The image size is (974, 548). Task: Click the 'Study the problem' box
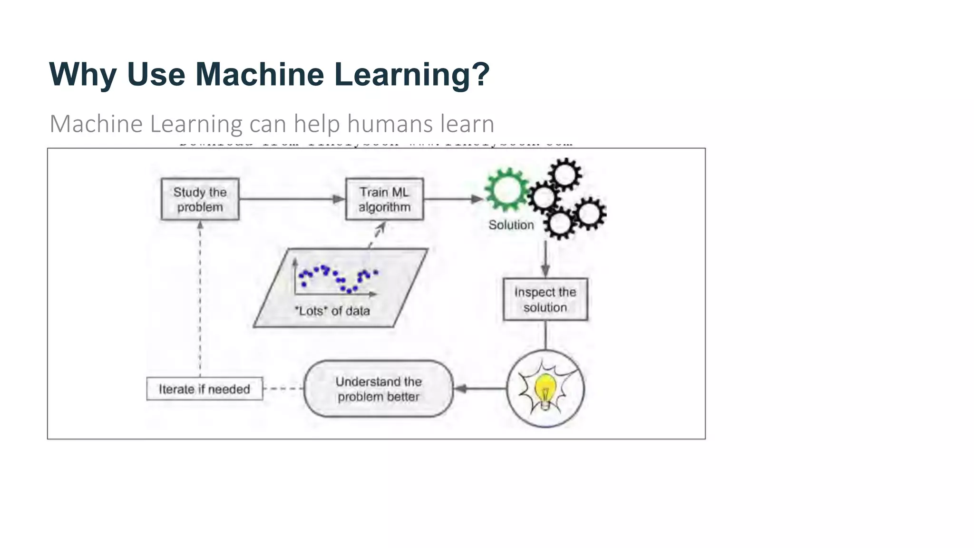click(x=200, y=199)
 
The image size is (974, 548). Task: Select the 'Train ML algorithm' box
click(x=384, y=199)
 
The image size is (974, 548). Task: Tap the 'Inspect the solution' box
click(x=545, y=299)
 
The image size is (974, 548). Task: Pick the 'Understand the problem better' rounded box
click(x=379, y=389)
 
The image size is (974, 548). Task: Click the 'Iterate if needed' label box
click(x=205, y=389)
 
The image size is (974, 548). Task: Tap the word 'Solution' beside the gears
click(x=511, y=225)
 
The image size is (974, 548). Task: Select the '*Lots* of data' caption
click(x=332, y=311)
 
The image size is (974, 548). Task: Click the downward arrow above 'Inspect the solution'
click(x=545, y=259)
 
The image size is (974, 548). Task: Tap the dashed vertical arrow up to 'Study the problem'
click(x=200, y=300)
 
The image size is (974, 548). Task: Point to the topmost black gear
click(x=565, y=175)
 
